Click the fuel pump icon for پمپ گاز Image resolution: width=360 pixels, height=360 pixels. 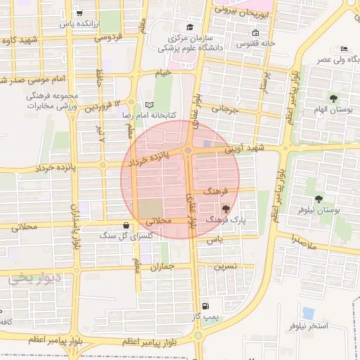[x=205, y=306]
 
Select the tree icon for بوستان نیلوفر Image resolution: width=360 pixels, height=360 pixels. [x=319, y=200]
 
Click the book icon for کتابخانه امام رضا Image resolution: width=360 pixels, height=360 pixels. [x=148, y=104]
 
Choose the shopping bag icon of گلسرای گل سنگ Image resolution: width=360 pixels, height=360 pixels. [x=126, y=226]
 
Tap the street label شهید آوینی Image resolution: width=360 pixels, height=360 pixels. [x=253, y=149]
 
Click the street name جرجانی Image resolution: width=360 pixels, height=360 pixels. [x=226, y=110]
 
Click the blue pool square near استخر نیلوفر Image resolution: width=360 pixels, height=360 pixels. [x=308, y=313]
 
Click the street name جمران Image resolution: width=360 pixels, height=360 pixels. [x=161, y=267]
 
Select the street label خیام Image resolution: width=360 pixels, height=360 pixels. [x=163, y=72]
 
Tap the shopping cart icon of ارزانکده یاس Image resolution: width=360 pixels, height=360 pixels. [x=79, y=13]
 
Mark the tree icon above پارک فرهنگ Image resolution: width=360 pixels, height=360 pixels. [x=225, y=209]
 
